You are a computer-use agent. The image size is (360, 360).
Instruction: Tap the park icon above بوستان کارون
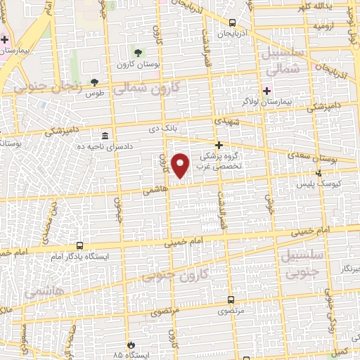pos(138,53)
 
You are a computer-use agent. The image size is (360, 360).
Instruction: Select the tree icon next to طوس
pos(94,82)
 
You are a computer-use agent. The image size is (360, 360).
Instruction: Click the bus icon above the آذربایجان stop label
pos(232,23)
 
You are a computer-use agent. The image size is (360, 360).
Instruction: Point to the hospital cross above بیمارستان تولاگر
pos(266,91)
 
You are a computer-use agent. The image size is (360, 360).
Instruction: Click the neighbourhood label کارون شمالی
pos(146,89)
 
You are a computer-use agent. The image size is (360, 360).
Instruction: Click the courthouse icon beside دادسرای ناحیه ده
pos(105,135)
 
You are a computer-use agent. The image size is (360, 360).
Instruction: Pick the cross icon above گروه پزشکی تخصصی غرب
pos(219,144)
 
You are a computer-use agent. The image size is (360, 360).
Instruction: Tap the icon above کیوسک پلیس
pos(319,173)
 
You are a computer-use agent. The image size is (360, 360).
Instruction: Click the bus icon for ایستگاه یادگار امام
pos(79,246)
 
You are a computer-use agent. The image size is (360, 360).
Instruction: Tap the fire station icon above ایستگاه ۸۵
pos(130,345)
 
